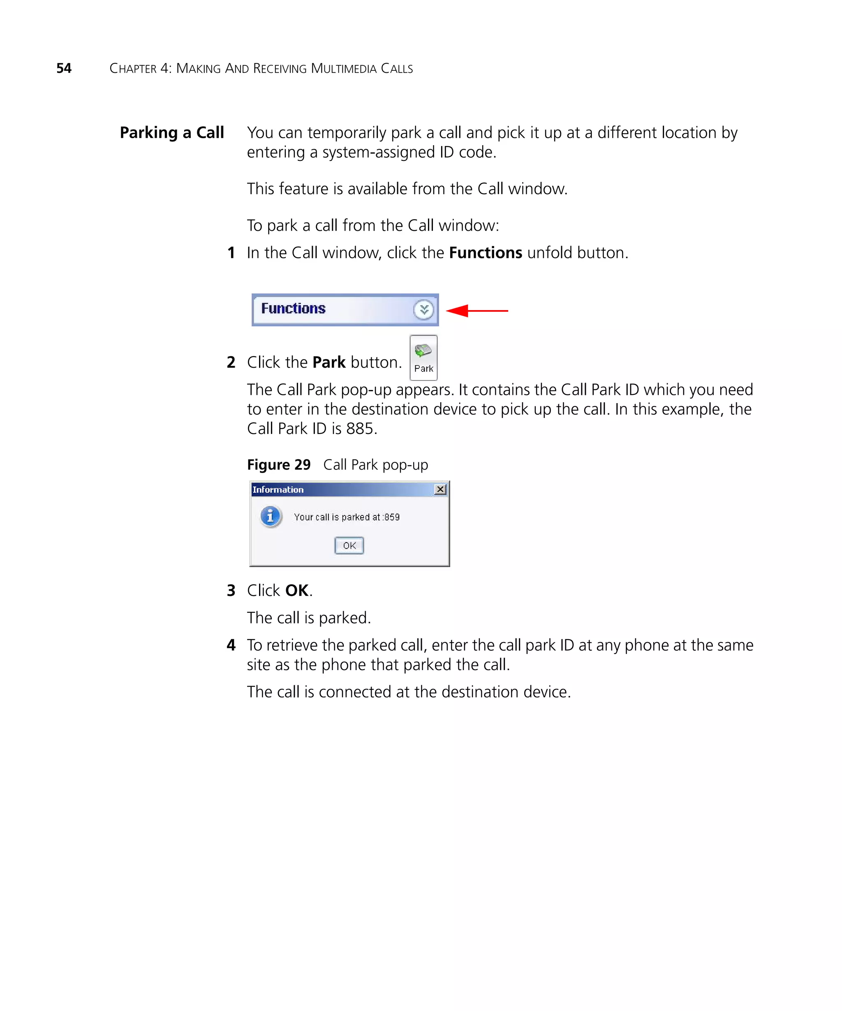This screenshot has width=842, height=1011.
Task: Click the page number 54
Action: (x=64, y=68)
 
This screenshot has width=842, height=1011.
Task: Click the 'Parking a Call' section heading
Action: (x=172, y=132)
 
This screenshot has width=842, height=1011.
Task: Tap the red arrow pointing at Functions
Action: (x=477, y=311)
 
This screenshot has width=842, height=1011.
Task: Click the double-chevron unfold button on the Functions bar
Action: (x=423, y=310)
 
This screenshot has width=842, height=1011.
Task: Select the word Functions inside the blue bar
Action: (x=293, y=308)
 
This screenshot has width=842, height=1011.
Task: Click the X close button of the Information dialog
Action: (x=440, y=489)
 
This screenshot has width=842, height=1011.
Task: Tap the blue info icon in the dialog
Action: (x=271, y=516)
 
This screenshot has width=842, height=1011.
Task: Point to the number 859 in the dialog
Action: (x=392, y=517)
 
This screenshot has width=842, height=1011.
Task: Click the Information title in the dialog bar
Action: (x=278, y=489)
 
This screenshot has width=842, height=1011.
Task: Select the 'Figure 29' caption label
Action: (x=279, y=465)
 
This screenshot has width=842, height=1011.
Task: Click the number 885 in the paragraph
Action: (x=360, y=429)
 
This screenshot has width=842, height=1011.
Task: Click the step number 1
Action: (x=231, y=253)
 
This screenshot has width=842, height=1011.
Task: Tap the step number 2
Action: (x=231, y=362)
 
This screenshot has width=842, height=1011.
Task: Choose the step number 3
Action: (x=231, y=590)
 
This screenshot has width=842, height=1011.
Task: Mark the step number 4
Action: (x=231, y=645)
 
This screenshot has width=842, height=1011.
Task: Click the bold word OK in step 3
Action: (x=297, y=590)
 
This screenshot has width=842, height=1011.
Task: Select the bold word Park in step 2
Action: (x=329, y=362)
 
